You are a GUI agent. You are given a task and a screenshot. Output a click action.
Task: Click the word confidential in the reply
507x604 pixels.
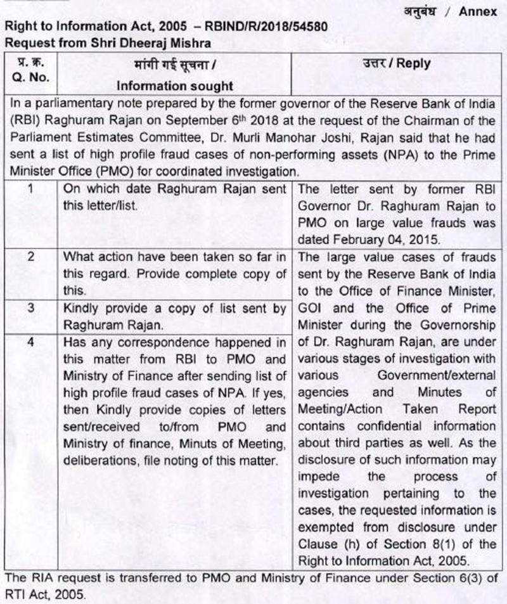(370, 426)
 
